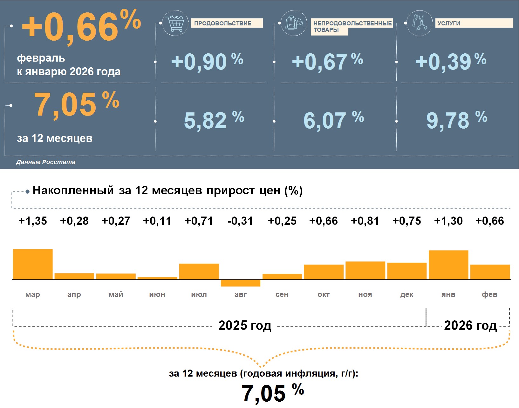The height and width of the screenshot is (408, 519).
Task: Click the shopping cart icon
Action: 175,23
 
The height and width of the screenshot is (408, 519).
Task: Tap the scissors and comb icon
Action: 420,23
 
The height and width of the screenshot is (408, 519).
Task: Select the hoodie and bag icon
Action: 294,23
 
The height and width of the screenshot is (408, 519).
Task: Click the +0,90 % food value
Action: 207,62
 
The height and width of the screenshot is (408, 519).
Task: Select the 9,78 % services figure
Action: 456,120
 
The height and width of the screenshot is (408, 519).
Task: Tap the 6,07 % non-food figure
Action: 333,120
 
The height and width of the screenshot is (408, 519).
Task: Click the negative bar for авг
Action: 241,283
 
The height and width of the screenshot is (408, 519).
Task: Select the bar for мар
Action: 33,264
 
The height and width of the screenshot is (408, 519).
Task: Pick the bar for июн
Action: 157,278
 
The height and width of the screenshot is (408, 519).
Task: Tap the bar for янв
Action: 448,265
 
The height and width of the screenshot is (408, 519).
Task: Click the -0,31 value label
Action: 240,221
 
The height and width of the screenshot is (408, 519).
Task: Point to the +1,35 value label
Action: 33,221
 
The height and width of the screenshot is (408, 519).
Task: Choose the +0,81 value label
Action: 365,221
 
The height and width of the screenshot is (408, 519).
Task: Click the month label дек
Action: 406,294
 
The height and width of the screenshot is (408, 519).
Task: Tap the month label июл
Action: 199,294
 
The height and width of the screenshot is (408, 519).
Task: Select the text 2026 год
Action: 470,325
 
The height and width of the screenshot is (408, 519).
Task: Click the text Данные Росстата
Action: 46,162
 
